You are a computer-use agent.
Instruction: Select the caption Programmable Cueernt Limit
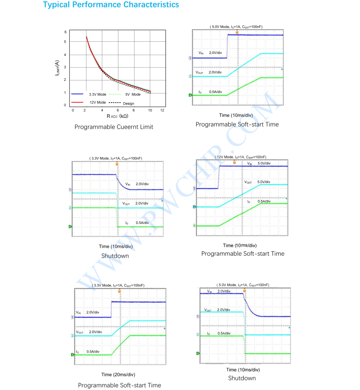[x=114, y=127]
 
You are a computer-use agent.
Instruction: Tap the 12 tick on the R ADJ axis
[x=162, y=111]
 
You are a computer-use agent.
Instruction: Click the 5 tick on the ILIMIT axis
[x=65, y=42]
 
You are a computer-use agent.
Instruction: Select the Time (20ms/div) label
[x=118, y=374]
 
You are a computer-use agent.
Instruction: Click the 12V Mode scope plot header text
[x=240, y=157]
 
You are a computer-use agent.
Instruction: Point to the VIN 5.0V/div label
[x=259, y=163]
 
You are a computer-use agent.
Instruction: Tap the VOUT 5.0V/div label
[x=257, y=182]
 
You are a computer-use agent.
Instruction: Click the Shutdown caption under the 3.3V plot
[x=115, y=256]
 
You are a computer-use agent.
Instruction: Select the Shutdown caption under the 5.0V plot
[x=242, y=378]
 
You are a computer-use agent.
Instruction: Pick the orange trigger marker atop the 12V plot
[x=234, y=162]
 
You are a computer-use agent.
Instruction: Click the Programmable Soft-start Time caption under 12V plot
[x=242, y=253]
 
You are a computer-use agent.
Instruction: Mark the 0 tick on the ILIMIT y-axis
[x=65, y=105]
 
